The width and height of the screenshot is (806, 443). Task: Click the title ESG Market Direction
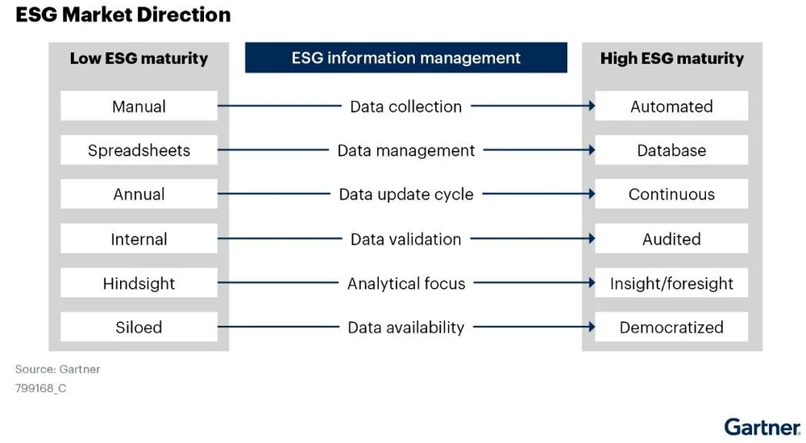point(123,15)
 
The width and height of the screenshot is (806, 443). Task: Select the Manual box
point(139,107)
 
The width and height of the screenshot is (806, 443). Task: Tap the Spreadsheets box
point(139,150)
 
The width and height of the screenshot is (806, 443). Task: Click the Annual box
point(139,194)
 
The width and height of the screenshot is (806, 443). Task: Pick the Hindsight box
point(139,283)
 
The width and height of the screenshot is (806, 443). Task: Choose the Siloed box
point(139,327)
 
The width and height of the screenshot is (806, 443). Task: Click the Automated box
point(671,107)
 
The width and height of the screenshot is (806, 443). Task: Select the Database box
point(671,150)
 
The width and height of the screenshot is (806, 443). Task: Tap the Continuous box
point(671,194)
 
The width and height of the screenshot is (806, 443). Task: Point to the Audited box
point(671,239)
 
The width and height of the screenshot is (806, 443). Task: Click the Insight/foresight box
point(671,283)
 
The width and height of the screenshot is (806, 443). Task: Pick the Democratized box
point(671,327)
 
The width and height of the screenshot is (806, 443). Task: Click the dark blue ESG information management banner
point(405,58)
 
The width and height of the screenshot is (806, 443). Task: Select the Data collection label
point(405,107)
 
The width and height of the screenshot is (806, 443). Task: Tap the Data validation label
point(405,239)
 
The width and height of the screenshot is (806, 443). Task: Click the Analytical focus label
point(405,283)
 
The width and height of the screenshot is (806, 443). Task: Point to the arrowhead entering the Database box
point(592,150)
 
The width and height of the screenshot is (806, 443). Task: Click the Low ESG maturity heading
point(139,58)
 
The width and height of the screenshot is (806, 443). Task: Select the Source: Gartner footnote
point(57,369)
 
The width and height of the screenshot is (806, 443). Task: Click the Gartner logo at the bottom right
point(762,426)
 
